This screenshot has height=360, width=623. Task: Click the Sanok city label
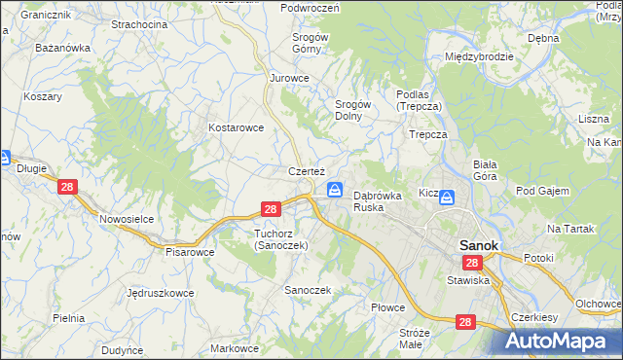[x=479, y=246]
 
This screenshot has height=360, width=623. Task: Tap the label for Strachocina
[x=139, y=23]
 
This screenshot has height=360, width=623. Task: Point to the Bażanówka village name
[x=62, y=47]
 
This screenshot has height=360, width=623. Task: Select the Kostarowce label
[x=237, y=127]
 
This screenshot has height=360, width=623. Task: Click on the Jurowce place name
[x=289, y=77]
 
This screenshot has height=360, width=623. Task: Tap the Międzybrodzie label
[x=479, y=56]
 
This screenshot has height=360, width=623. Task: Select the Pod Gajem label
[x=542, y=191]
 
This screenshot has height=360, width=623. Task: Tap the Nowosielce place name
[x=127, y=219]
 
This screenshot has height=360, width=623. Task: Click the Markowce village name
[x=235, y=348]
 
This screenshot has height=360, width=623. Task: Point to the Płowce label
[x=387, y=306]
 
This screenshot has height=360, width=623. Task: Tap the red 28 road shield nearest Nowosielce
[x=67, y=187]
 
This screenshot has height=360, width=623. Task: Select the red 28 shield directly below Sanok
[x=472, y=264]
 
